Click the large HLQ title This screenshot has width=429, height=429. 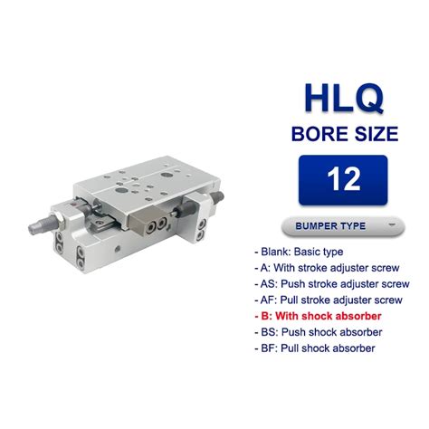(343, 98)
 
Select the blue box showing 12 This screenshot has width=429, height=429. (343, 180)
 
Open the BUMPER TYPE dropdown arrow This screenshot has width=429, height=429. (392, 224)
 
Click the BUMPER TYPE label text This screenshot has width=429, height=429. (330, 226)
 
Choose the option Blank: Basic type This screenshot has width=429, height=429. (299, 252)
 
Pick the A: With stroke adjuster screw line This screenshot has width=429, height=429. (327, 268)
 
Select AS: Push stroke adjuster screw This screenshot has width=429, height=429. (332, 284)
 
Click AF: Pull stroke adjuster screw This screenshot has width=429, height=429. (329, 300)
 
